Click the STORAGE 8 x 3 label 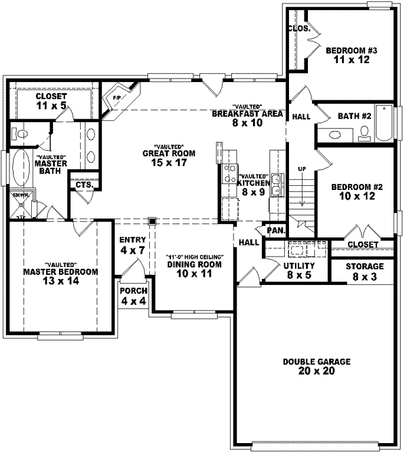(364, 271)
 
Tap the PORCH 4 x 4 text (133, 295)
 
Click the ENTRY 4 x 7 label (133, 245)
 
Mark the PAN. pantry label (275, 230)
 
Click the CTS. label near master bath (84, 185)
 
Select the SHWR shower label (18, 195)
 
